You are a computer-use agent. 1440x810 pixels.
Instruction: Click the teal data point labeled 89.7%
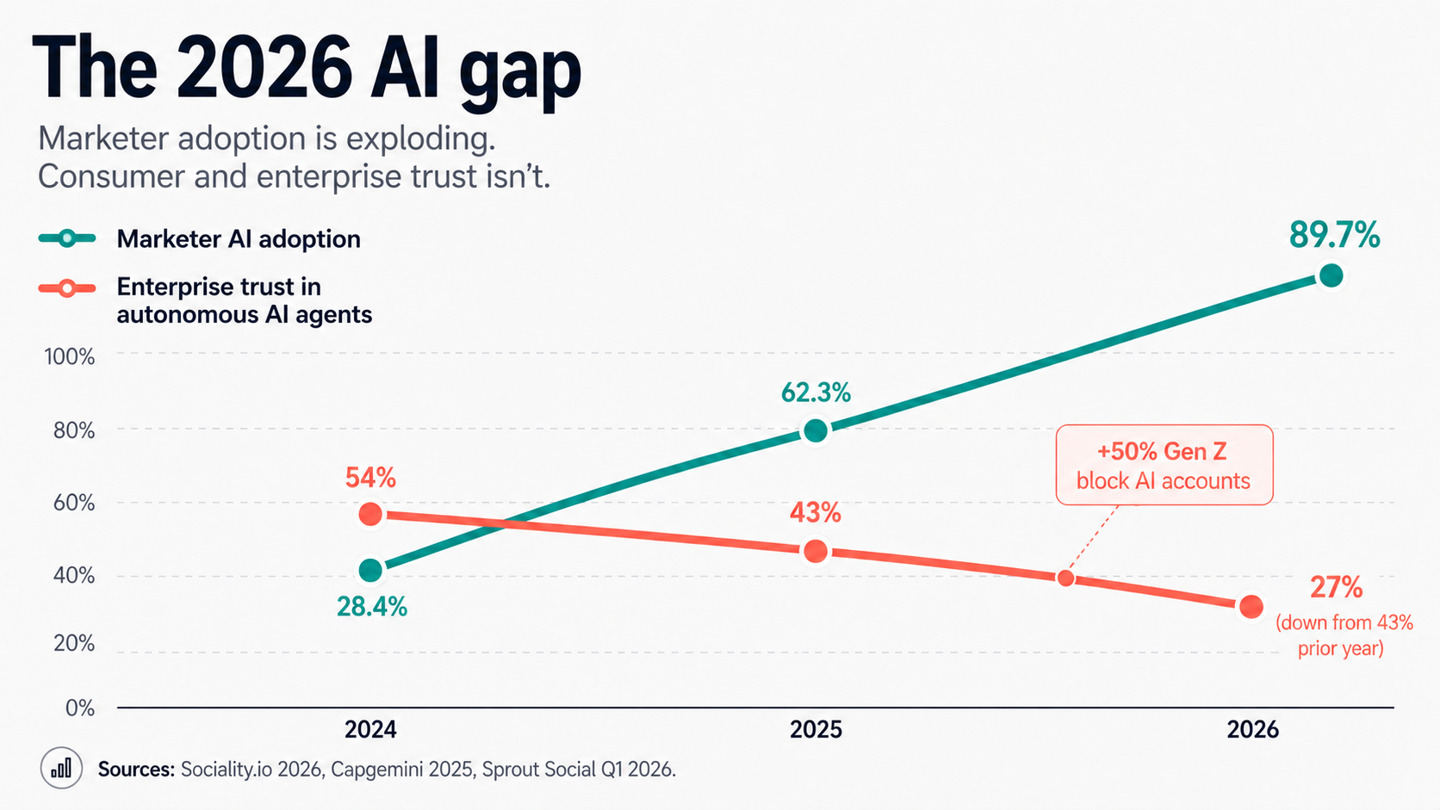(1331, 275)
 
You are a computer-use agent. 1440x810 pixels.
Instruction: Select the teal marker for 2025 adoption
(816, 430)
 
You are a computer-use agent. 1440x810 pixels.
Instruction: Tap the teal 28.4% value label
(371, 607)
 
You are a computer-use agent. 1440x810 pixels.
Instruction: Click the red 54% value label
(370, 478)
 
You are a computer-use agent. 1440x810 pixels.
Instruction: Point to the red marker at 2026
(1251, 607)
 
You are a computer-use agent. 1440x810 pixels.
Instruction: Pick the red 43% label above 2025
(815, 513)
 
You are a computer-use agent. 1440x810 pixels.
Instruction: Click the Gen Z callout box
(1164, 465)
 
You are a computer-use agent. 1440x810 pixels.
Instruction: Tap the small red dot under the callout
(1065, 578)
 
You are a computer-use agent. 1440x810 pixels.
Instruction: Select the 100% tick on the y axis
(69, 356)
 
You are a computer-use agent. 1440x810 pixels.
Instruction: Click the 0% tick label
(79, 708)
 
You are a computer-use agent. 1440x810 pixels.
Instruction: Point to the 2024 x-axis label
(370, 730)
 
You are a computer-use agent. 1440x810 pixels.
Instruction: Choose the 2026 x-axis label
(1252, 730)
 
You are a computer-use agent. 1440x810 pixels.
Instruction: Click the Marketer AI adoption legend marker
(67, 238)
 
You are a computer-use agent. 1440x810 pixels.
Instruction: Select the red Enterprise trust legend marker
(67, 288)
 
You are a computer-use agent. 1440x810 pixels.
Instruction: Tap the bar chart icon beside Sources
(61, 768)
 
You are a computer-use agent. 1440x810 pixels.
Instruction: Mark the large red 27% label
(1336, 588)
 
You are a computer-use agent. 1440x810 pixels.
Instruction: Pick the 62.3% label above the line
(815, 393)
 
